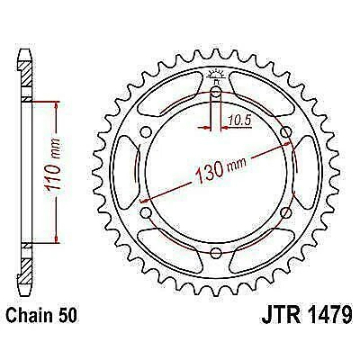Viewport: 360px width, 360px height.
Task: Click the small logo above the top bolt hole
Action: pyautogui.click(x=216, y=76)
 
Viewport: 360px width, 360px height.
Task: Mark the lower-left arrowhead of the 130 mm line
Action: pyautogui.click(x=145, y=210)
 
